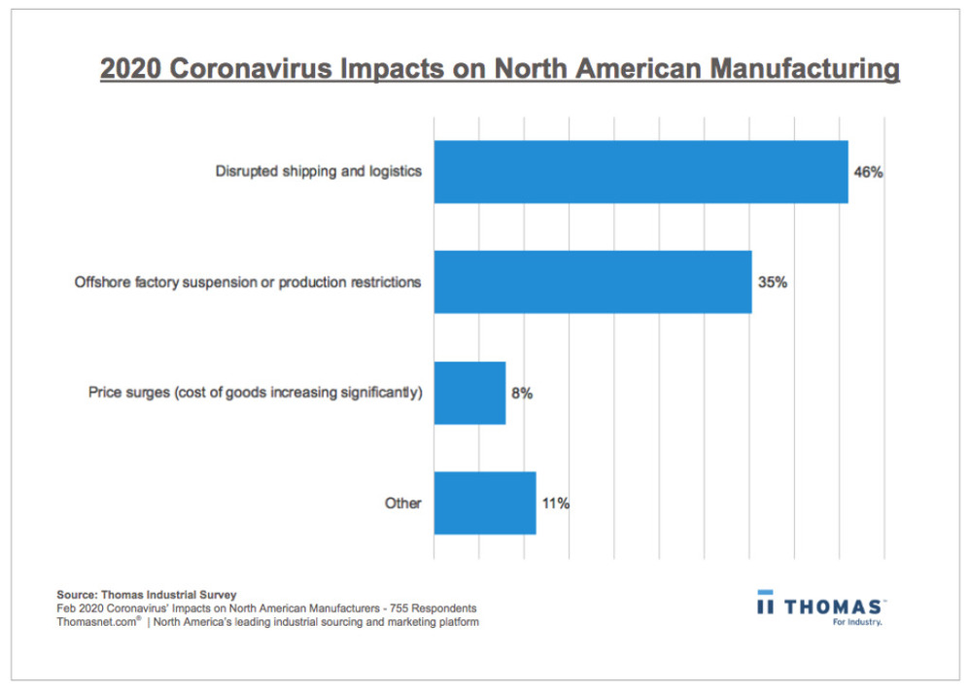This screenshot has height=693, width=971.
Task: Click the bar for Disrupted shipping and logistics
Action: point(641,172)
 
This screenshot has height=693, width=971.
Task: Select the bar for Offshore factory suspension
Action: point(592,282)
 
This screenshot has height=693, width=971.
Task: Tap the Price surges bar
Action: point(469,393)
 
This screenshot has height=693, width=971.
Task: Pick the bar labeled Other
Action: point(484,503)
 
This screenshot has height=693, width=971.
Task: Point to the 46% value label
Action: point(868,172)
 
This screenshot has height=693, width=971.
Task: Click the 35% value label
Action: point(772,283)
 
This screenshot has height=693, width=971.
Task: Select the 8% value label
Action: point(522,394)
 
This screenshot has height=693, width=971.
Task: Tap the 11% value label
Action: point(555,503)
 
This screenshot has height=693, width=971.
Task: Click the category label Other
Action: point(403,503)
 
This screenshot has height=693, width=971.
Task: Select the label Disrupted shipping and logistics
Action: point(318,172)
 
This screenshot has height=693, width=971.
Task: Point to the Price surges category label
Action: point(255,394)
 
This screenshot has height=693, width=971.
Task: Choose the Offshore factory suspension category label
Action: point(248,283)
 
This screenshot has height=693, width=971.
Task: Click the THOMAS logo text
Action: point(834,606)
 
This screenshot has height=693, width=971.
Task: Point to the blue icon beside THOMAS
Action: point(765,604)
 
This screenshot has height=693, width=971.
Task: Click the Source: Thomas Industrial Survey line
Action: point(146,594)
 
